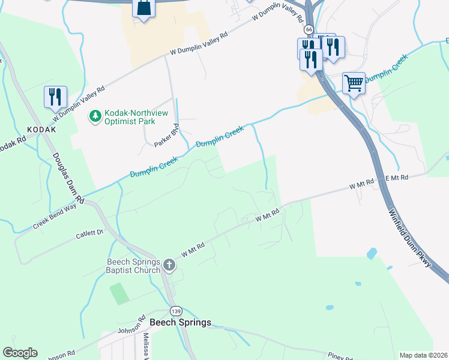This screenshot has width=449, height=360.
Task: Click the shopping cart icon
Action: (354, 83)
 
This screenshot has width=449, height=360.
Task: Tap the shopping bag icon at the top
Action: (143, 8)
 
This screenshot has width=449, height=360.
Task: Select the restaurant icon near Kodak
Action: (55, 97)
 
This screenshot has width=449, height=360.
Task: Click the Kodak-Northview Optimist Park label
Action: (130, 117)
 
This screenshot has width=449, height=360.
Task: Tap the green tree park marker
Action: (94, 115)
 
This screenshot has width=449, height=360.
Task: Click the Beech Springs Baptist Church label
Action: (133, 266)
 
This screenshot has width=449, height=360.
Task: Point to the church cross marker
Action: (169, 264)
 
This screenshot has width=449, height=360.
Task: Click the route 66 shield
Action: (308, 29)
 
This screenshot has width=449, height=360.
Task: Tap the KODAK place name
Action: (41, 130)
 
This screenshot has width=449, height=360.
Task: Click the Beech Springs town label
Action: (180, 322)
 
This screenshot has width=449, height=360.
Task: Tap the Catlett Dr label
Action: (89, 233)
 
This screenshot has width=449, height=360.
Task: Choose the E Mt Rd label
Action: (396, 178)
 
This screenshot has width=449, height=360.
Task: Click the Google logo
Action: (20, 353)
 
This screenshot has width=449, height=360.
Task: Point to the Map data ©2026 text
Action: (423, 355)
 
